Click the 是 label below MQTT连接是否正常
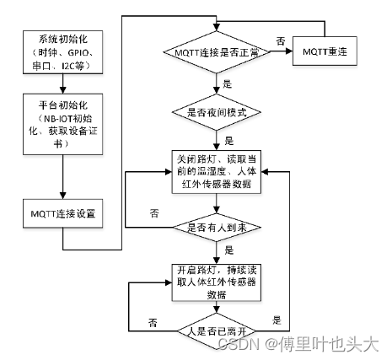click(x=226, y=84)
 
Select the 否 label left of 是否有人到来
click(x=153, y=213)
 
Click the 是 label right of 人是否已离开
click(x=277, y=320)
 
